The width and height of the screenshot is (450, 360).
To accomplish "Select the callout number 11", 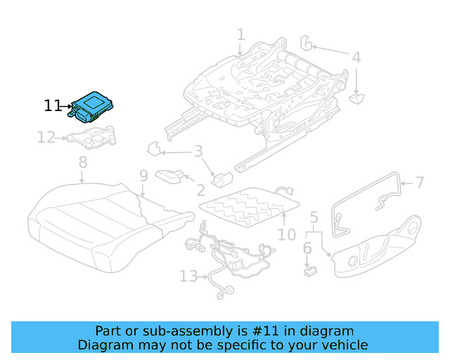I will [53, 106].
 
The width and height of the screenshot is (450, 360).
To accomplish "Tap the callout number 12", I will [46, 138].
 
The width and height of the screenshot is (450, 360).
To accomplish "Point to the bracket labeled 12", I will [90, 136].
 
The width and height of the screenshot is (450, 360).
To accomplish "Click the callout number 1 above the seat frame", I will [240, 34].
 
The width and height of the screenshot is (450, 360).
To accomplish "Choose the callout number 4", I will [356, 58].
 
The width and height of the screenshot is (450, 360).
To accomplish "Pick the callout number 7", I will [419, 183].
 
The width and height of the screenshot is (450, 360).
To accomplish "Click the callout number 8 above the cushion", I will [83, 162].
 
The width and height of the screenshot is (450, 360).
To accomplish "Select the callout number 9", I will [143, 176].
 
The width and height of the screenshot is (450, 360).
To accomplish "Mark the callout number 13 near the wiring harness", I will [188, 276].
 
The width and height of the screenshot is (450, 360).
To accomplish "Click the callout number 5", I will [314, 218].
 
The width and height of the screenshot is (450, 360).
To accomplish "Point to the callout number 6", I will [307, 247].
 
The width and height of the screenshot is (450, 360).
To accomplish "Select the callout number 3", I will [198, 151].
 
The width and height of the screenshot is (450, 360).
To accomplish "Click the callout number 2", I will [200, 189].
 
